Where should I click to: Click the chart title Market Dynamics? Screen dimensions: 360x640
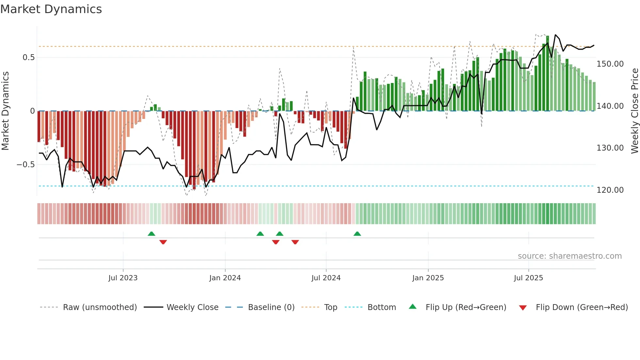[x=51, y=9]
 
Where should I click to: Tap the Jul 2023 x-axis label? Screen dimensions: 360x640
[x=123, y=278]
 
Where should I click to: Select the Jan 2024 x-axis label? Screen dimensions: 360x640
[x=225, y=278]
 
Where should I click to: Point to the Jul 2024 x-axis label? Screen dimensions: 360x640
[x=326, y=278]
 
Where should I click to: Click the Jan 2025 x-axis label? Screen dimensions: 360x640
[x=428, y=278]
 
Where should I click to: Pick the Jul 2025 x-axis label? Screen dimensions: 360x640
[x=528, y=278]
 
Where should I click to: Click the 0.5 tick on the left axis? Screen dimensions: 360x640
[x=28, y=57]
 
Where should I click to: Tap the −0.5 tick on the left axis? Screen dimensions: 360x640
[x=25, y=165]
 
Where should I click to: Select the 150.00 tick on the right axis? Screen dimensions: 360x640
[x=610, y=64]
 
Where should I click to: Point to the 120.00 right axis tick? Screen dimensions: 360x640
[x=610, y=190]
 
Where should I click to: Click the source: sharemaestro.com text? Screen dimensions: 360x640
[x=569, y=256]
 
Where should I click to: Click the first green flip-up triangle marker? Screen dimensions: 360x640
[x=151, y=234]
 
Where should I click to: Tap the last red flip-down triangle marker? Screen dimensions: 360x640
[x=295, y=242]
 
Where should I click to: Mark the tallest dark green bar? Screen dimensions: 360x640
[x=548, y=74]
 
